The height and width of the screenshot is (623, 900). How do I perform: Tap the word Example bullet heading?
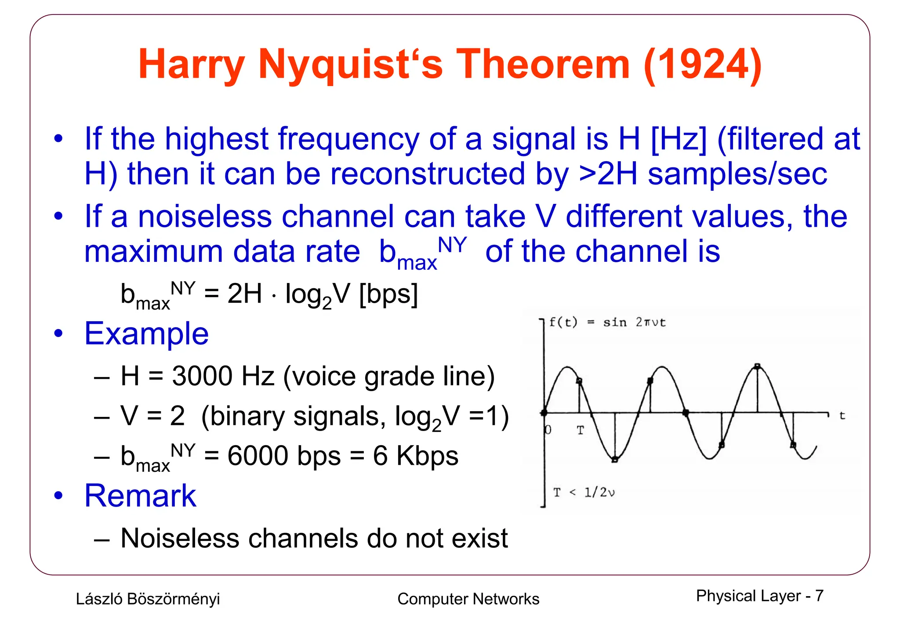click(x=146, y=333)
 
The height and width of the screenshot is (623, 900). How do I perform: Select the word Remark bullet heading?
click(x=140, y=496)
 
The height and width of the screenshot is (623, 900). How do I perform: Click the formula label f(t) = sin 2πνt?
click(x=607, y=322)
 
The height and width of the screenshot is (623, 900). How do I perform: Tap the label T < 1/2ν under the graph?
click(x=584, y=493)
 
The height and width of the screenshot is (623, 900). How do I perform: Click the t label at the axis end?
click(x=842, y=416)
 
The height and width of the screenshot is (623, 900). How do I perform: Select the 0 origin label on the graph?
click(x=548, y=430)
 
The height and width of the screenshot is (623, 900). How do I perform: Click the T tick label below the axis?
click(x=581, y=431)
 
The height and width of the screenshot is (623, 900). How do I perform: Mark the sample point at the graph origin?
click(x=544, y=413)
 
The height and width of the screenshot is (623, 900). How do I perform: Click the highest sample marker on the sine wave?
click(x=757, y=366)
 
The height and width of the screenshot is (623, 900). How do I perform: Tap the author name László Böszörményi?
click(x=148, y=599)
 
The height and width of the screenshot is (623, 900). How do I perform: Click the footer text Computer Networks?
click(x=468, y=599)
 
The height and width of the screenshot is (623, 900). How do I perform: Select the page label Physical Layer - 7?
click(x=759, y=596)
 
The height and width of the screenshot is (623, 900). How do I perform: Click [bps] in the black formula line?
click(x=388, y=293)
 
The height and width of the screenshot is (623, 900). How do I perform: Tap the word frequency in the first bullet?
click(x=349, y=139)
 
